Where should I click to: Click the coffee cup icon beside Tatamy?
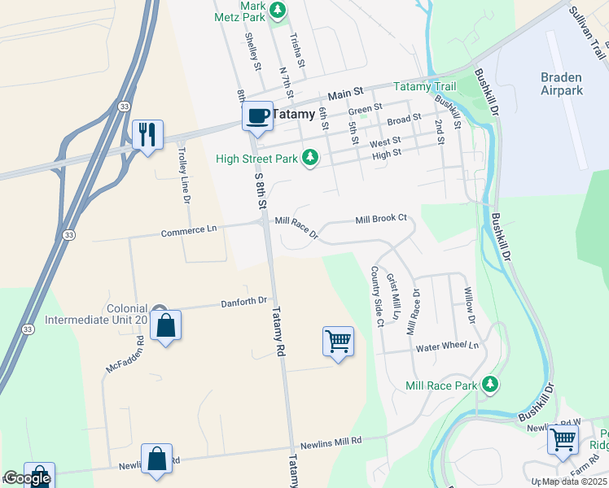[257, 115]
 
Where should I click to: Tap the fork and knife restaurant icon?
[147, 134]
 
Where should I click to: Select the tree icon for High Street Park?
[309, 158]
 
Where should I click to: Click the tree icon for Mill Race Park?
[489, 383]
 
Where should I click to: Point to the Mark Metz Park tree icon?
[278, 10]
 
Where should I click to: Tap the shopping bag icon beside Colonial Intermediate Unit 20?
[165, 325]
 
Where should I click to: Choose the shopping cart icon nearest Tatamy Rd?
[338, 341]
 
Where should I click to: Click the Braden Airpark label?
[562, 84]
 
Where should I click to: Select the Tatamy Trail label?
[424, 87]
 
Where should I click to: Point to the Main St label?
[344, 94]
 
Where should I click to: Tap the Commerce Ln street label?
[189, 231]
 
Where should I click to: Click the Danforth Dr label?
[244, 301]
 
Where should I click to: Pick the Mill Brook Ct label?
[380, 220]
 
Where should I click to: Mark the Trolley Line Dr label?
[184, 179]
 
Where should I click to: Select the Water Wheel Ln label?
[447, 346]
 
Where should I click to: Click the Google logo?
[27, 478]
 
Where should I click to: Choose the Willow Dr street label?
[469, 303]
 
